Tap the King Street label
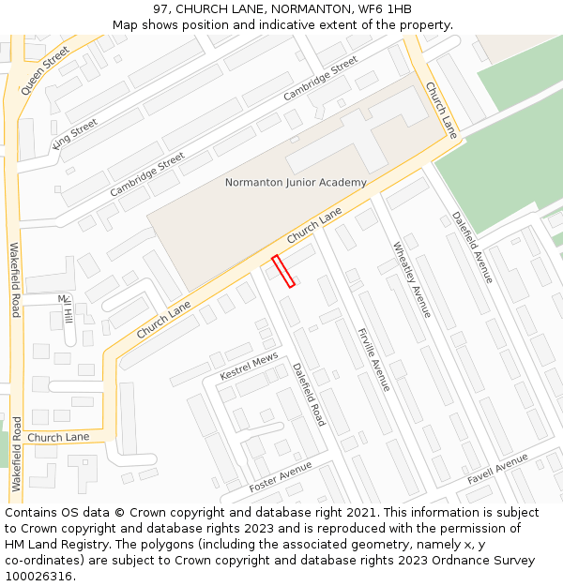[x=75, y=133]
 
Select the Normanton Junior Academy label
[x=296, y=182]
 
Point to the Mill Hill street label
[x=66, y=309]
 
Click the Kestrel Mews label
[x=249, y=367]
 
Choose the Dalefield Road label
[x=308, y=395]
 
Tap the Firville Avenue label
[x=373, y=360]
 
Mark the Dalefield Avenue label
[x=472, y=248]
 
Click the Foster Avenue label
[x=280, y=477]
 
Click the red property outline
[x=283, y=271]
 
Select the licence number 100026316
[x=37, y=577]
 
